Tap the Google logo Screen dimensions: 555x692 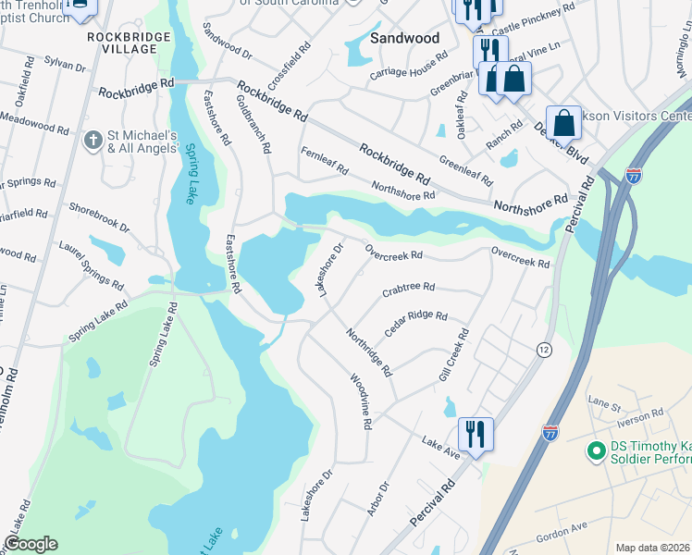[31, 544]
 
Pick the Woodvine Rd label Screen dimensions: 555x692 [360, 401]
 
